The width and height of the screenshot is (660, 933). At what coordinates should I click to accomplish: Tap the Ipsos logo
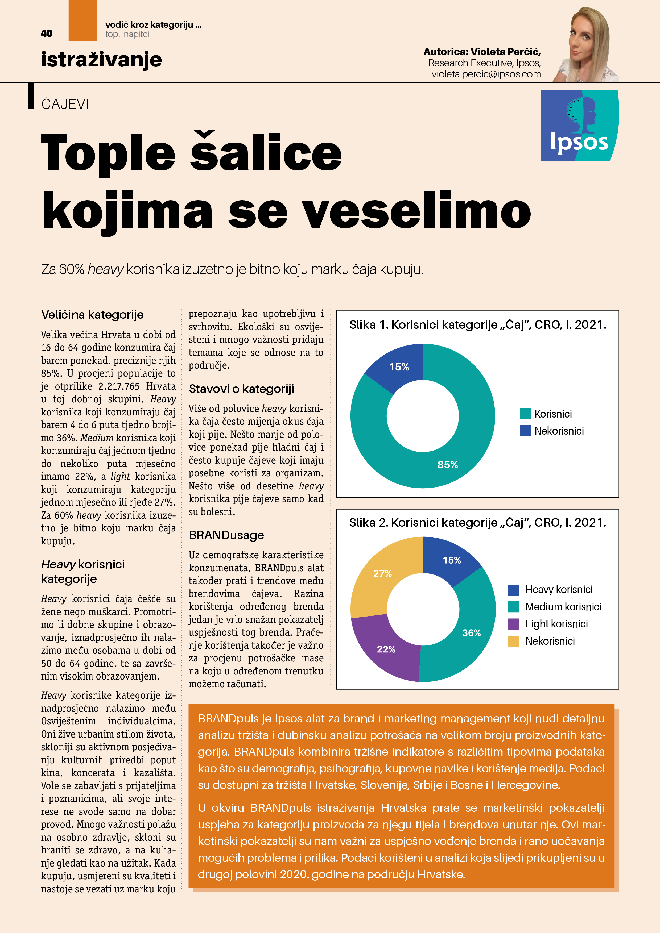pyautogui.click(x=579, y=126)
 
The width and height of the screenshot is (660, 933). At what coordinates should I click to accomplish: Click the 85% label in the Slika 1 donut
pyautogui.click(x=447, y=464)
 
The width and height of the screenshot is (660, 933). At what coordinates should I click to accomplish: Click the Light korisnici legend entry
pyautogui.click(x=556, y=623)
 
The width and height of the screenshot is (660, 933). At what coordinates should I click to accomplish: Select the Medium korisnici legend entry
pyautogui.click(x=562, y=606)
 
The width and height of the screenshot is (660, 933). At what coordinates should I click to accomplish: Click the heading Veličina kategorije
pyautogui.click(x=92, y=315)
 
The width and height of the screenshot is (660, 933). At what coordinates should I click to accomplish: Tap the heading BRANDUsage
pyautogui.click(x=226, y=535)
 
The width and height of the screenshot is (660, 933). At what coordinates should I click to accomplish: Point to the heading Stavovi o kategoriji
pyautogui.click(x=241, y=389)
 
